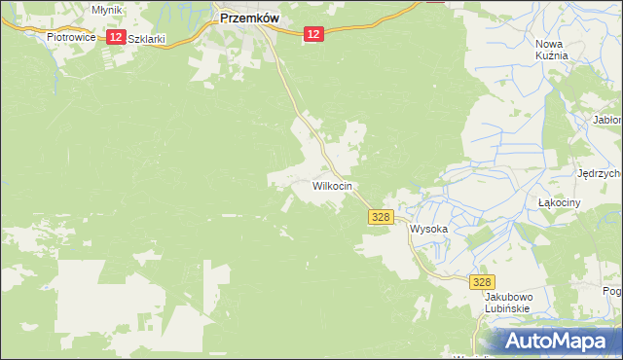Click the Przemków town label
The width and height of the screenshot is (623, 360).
coord(250,17)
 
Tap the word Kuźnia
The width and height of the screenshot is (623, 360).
coord(551,56)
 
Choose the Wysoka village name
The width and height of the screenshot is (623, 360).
coord(428,230)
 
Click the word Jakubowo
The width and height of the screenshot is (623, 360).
coord(506,296)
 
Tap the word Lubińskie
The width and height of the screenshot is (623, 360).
coord(506,308)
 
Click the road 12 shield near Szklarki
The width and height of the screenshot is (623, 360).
coord(115,37)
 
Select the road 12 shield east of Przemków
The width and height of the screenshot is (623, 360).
coord(311,34)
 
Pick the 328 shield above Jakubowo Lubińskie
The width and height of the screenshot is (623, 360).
coord(482,281)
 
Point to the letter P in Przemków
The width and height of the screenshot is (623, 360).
coord(226,17)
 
